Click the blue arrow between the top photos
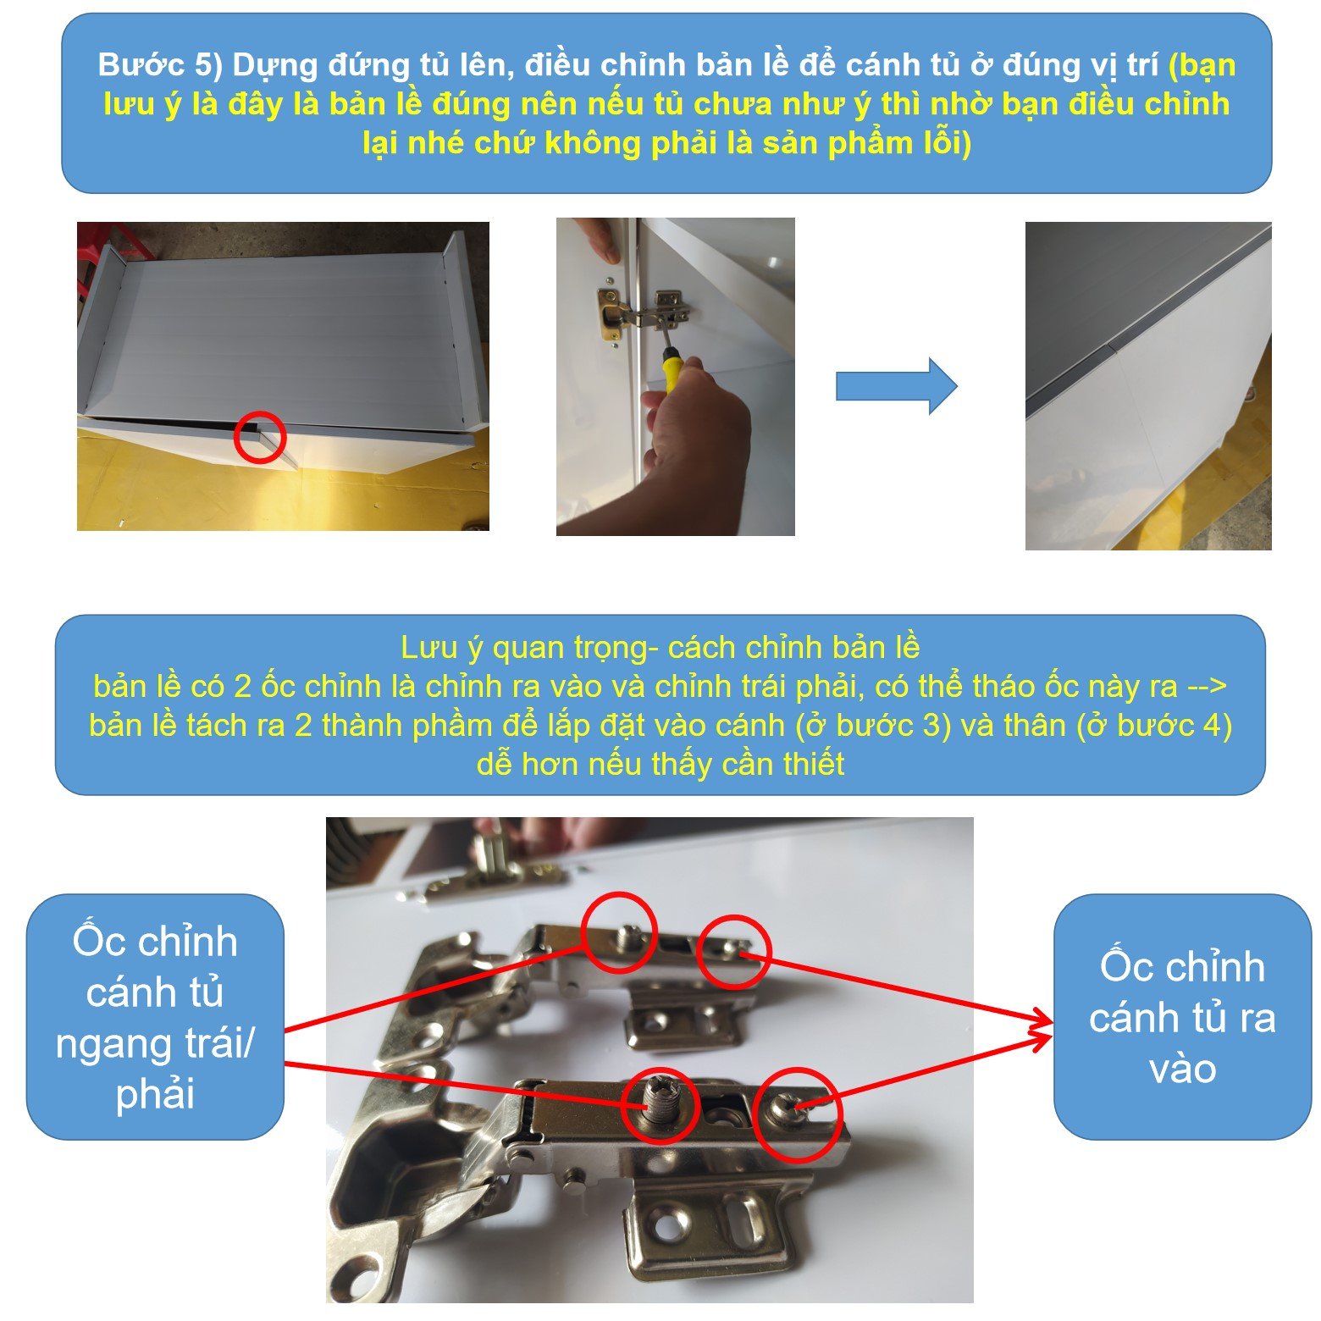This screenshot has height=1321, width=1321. point(896,386)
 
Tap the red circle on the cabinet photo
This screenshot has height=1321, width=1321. point(260,437)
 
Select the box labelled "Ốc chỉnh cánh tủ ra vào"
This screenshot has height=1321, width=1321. point(1182,1017)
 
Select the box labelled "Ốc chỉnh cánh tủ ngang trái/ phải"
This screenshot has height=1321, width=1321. point(155,1016)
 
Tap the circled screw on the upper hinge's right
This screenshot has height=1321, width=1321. point(733,951)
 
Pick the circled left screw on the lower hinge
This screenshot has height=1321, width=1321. point(660,1105)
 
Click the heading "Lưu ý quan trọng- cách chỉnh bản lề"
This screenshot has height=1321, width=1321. point(660,647)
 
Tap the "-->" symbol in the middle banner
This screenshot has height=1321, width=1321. point(1207,687)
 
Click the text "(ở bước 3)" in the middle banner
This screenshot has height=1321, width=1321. point(872,725)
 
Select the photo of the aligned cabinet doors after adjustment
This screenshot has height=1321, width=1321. point(1148,386)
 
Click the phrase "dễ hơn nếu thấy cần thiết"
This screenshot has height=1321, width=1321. point(660,764)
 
